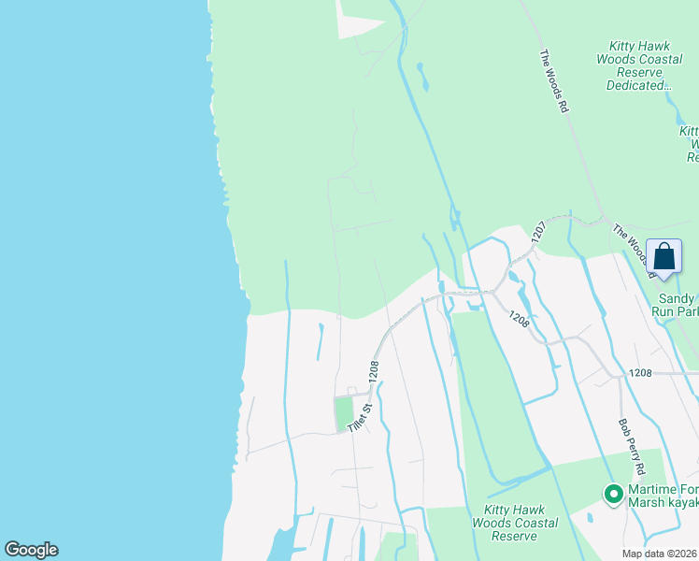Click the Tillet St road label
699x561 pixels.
[361, 416]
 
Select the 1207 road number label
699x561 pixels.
[537, 233]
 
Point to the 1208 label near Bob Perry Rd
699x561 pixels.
[640, 373]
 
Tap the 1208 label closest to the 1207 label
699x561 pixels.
[521, 320]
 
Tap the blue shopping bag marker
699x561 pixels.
[663, 257]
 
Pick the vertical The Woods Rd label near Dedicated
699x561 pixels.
[553, 82]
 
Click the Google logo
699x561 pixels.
[31, 550]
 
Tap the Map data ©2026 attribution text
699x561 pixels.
[660, 554]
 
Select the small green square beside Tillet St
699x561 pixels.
[344, 413]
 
